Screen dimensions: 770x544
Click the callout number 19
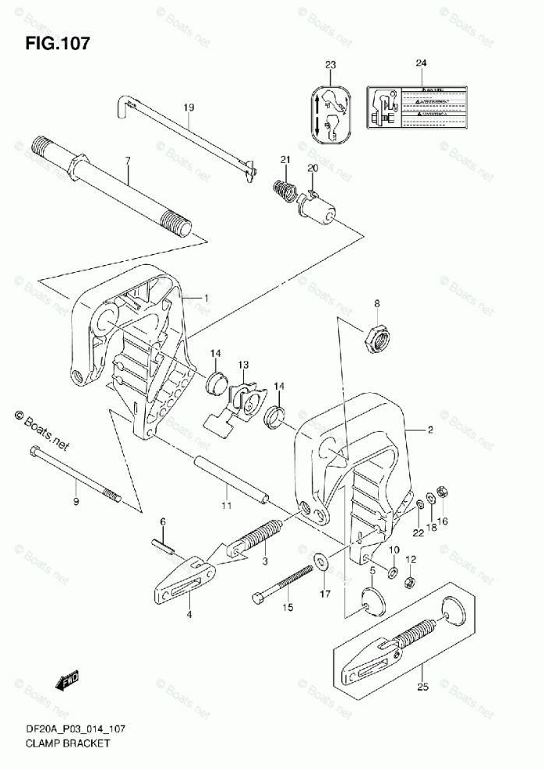click(x=188, y=107)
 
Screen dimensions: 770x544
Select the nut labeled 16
click(x=440, y=493)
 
